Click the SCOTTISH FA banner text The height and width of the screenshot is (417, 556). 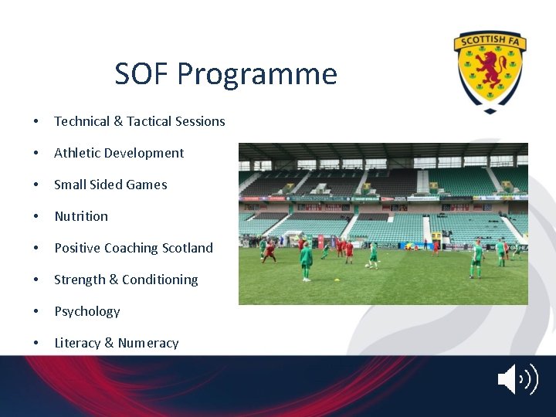click(x=490, y=41)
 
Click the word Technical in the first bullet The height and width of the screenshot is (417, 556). click(x=82, y=121)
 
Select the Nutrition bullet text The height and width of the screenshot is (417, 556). click(x=81, y=216)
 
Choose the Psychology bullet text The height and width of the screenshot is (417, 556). click(x=87, y=311)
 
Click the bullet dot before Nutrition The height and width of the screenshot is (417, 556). click(x=36, y=217)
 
